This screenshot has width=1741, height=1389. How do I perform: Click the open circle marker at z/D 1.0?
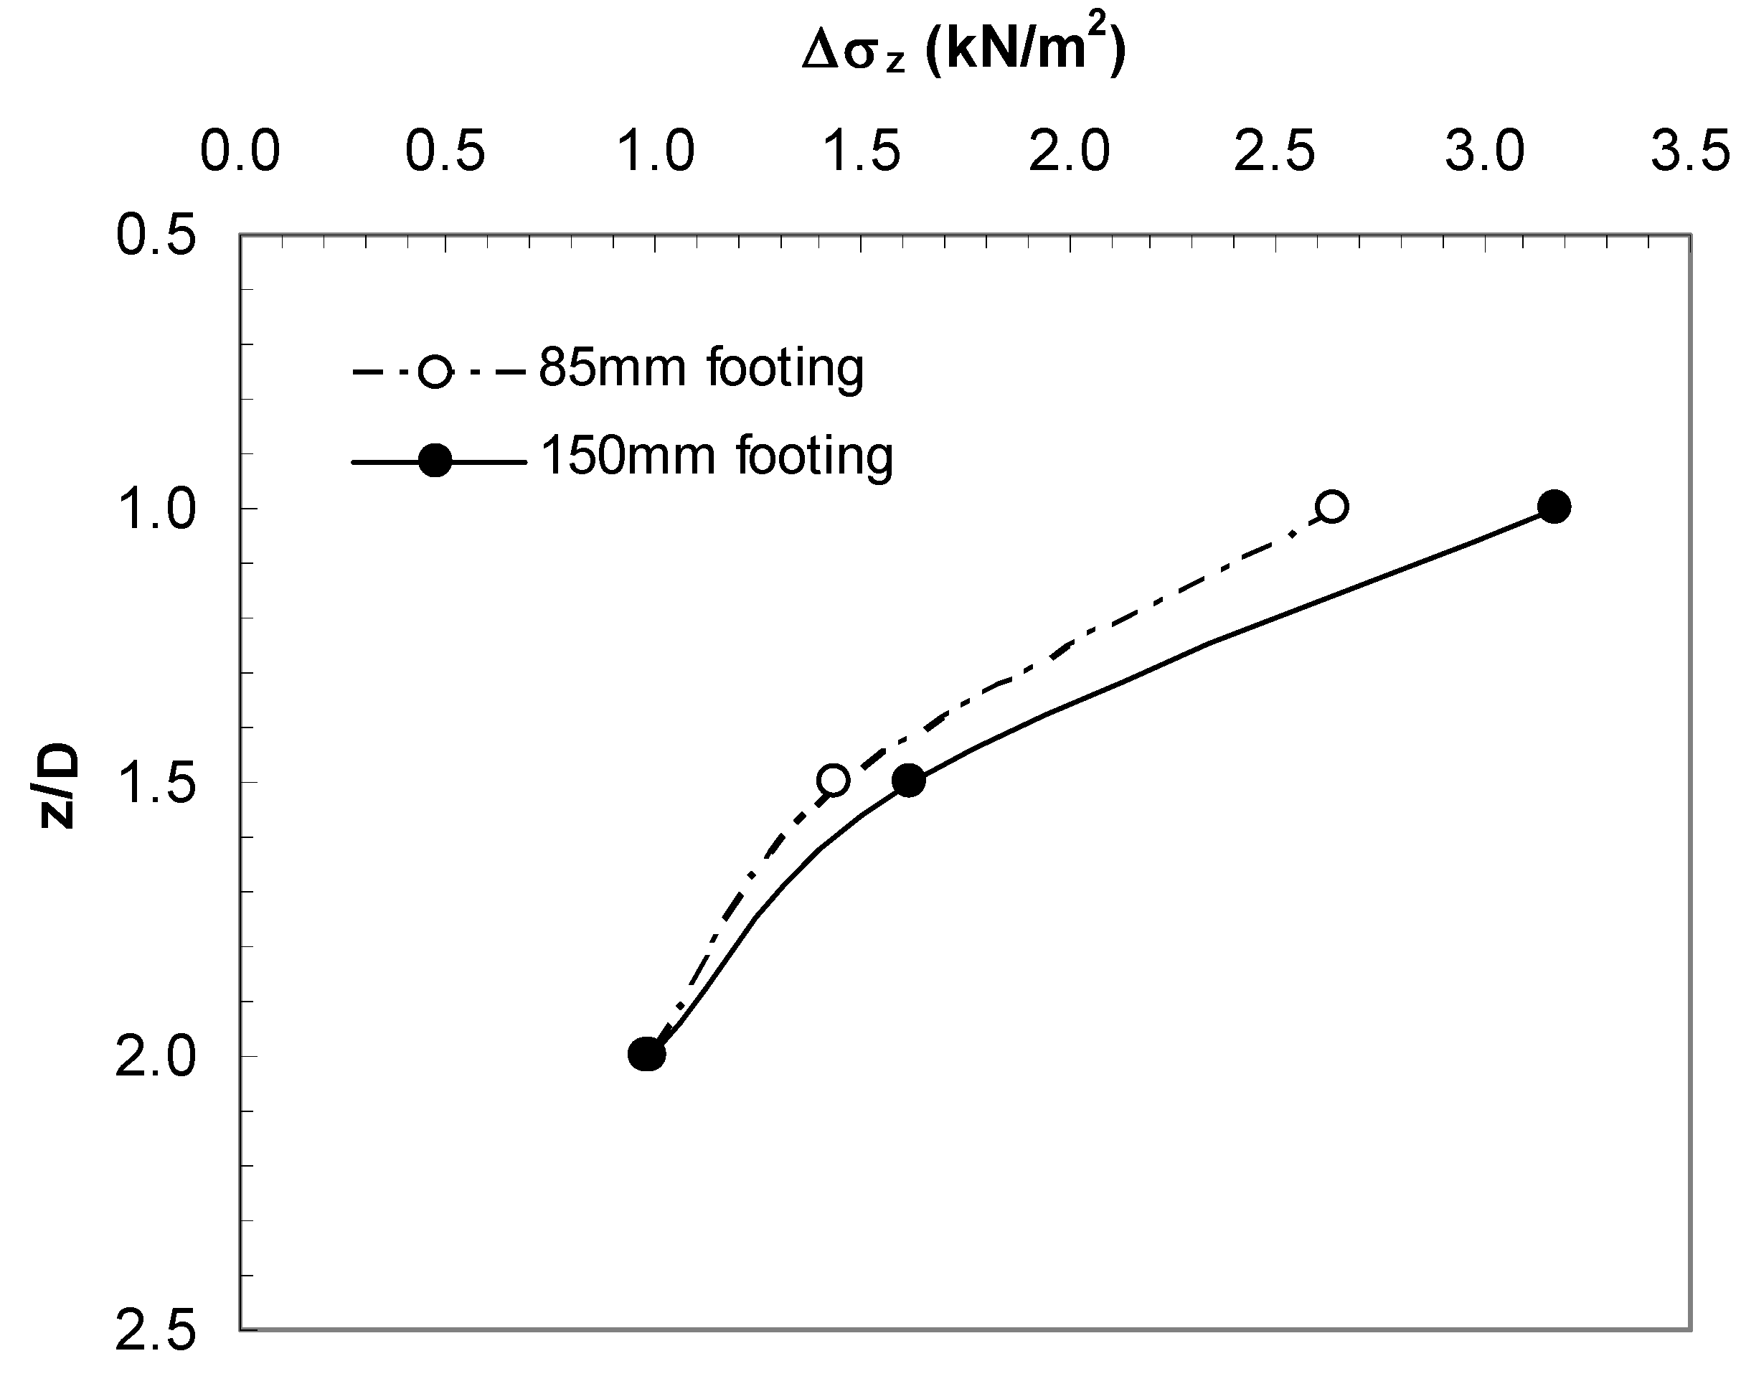(x=1331, y=507)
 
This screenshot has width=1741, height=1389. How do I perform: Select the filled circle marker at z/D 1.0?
(x=1554, y=507)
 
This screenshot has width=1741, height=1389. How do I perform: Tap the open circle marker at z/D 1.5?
(x=833, y=780)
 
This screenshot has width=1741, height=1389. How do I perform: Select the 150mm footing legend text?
(x=716, y=456)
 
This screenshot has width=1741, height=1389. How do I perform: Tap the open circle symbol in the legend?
(x=436, y=372)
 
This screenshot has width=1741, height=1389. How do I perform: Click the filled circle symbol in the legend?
(x=436, y=461)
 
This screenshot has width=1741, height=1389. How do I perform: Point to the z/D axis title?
(x=58, y=787)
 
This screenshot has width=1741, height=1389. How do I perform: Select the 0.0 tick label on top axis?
(x=240, y=151)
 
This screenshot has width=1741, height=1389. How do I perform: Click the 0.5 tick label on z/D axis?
(x=156, y=236)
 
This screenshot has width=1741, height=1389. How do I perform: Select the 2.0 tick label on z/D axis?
(x=156, y=1058)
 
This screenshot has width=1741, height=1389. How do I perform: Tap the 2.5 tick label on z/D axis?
(x=156, y=1332)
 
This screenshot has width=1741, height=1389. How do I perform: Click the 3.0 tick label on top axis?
(x=1484, y=151)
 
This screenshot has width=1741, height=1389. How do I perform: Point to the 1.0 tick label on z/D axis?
(x=156, y=510)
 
